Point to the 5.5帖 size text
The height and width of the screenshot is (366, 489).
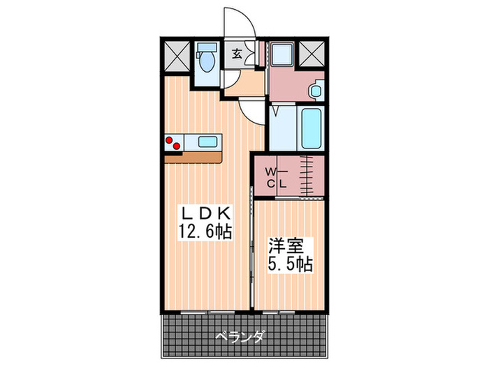click(289, 264)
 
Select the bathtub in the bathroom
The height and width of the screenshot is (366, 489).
click(312, 128)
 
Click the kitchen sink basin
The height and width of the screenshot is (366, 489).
click(208, 142)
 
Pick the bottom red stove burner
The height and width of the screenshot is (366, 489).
click(178, 146)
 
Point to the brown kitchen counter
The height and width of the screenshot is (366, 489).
click(194, 158)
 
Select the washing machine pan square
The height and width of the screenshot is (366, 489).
click(283, 54)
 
